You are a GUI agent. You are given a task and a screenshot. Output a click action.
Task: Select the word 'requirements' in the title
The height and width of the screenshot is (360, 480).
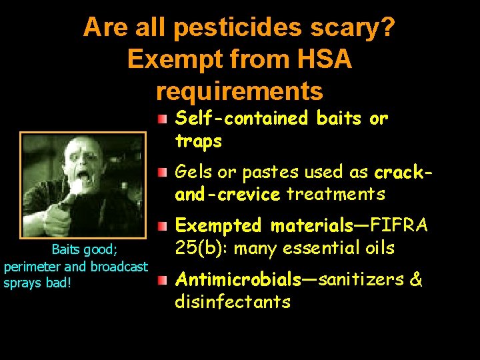[239, 90]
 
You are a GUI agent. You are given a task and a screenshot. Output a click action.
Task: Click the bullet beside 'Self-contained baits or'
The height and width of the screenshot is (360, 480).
[163, 120]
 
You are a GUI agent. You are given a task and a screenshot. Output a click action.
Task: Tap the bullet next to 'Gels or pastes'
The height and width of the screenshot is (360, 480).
[163, 173]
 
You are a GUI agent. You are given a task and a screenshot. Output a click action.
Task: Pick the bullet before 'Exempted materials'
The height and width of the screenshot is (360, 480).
[163, 227]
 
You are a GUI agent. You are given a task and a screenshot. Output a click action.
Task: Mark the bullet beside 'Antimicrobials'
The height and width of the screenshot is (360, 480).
[163, 280]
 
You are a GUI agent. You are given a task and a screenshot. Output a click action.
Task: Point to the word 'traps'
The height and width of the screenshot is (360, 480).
[198, 141]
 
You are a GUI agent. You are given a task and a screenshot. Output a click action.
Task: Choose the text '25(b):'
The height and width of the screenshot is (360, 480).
[202, 248]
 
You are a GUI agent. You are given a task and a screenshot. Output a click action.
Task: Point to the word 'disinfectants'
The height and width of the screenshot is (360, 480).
[233, 301]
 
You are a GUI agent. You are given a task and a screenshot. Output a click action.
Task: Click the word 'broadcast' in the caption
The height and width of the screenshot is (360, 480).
[121, 266]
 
